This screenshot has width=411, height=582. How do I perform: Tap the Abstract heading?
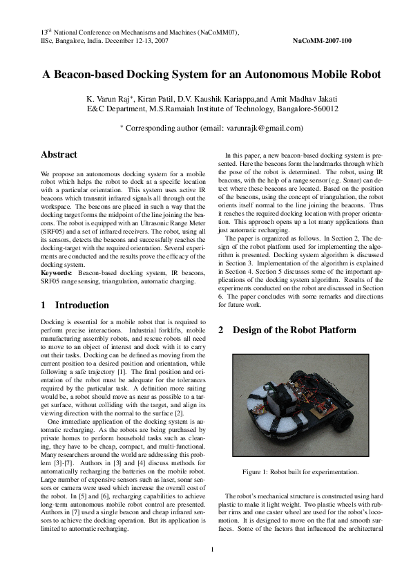point(59,155)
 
